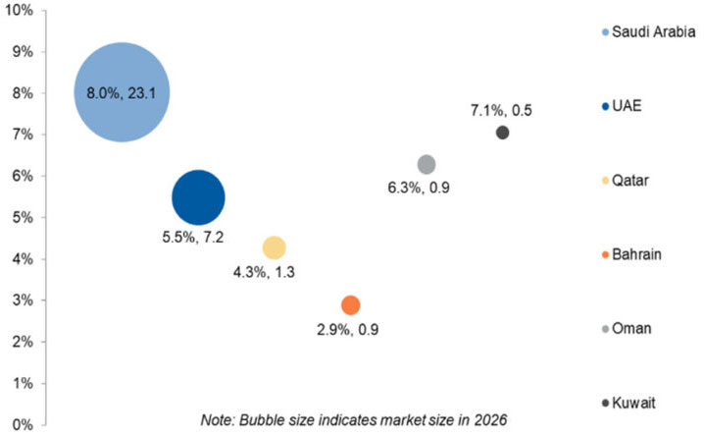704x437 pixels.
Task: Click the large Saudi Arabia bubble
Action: [123, 92]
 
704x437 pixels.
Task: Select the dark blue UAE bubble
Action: [198, 197]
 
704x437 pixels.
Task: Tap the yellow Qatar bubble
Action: [275, 247]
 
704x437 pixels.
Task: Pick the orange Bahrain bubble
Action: [350, 304]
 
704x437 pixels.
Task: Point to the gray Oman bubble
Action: [426, 164]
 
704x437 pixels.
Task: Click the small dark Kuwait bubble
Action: [502, 133]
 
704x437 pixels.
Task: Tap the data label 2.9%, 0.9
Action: [347, 330]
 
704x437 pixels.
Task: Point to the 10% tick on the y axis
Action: [19, 11]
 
